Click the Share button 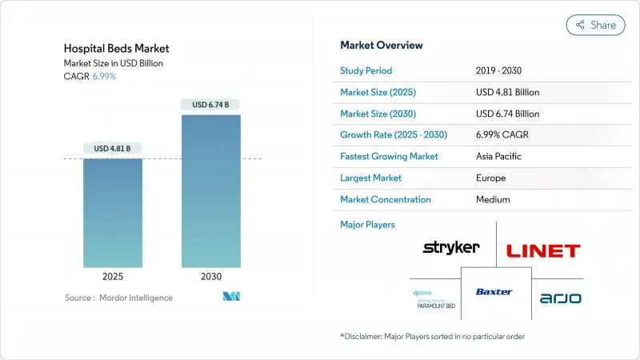pos(595,25)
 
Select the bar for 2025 pos(113,212)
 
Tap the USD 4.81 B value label pos(113,148)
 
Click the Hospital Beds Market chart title pos(116,49)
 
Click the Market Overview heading pos(382,45)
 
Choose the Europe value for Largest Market pos(492,178)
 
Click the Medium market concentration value pos(494,199)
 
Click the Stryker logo pos(451,247)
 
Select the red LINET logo pos(543,250)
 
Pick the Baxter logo pos(494,292)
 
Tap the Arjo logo pos(560,298)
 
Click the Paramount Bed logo pos(434,299)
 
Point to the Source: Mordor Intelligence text pos(118,298)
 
